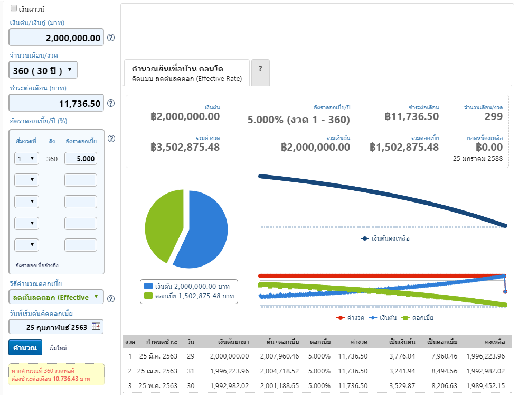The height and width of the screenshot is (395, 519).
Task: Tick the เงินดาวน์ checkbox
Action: (x=14, y=8)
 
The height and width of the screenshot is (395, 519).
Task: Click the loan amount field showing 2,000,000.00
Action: (x=56, y=37)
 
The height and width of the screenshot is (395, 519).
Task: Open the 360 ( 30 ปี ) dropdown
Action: (x=43, y=70)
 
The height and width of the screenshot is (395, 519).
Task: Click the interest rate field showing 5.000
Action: (x=81, y=159)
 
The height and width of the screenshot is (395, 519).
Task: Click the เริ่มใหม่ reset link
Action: (x=58, y=348)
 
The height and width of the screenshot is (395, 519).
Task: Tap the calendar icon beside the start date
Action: (x=96, y=326)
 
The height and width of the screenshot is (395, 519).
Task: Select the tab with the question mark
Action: (x=260, y=72)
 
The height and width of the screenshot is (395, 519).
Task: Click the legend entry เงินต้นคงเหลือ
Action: (x=385, y=238)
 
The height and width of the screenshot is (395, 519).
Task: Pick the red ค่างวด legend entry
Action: (x=350, y=318)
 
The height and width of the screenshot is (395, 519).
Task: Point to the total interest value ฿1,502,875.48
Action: (x=404, y=147)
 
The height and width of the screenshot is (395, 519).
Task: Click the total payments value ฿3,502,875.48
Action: (x=185, y=147)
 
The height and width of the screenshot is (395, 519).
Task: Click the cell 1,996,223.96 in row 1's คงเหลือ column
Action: (x=486, y=356)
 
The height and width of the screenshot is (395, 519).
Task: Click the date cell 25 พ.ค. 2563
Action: (x=158, y=385)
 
